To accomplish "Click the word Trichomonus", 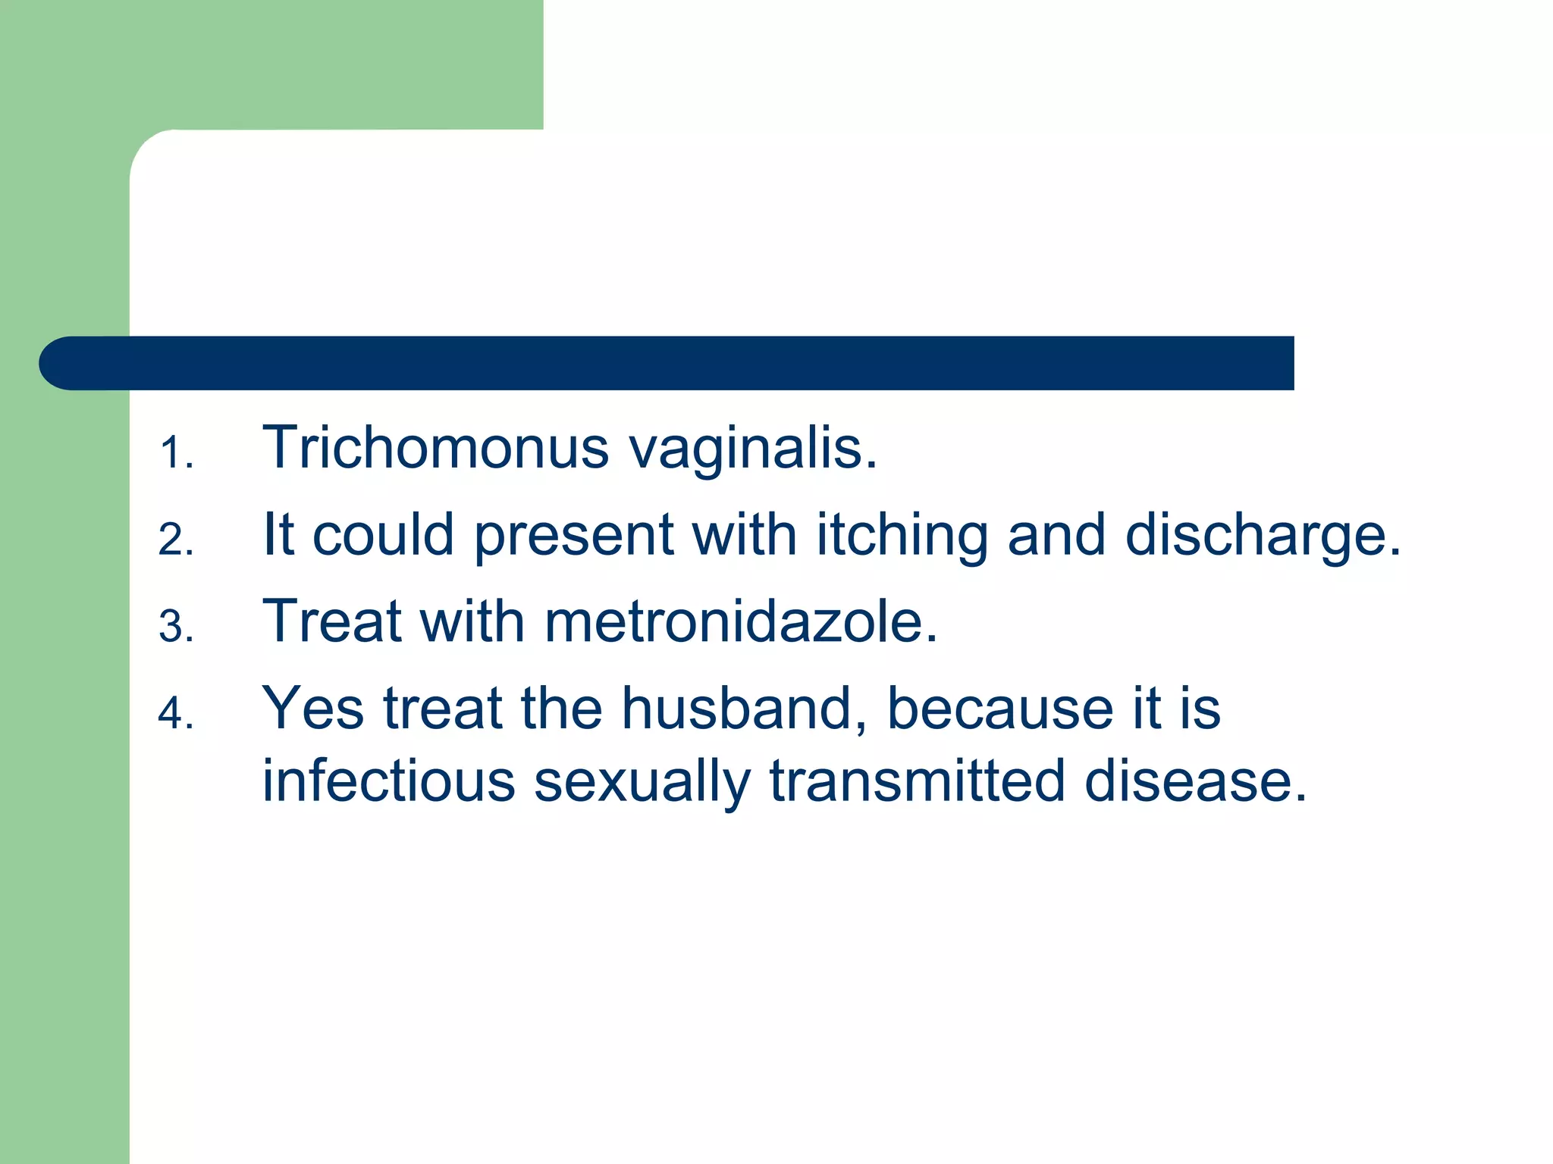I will click(x=435, y=448).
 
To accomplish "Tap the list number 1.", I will click(x=176, y=454).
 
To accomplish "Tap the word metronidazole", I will click(x=741, y=622).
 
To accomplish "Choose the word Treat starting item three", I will click(x=331, y=622).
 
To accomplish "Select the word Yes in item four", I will click(x=312, y=709).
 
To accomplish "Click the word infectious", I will click(x=388, y=781).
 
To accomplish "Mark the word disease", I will click(x=1195, y=781).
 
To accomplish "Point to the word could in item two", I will click(x=383, y=535).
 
